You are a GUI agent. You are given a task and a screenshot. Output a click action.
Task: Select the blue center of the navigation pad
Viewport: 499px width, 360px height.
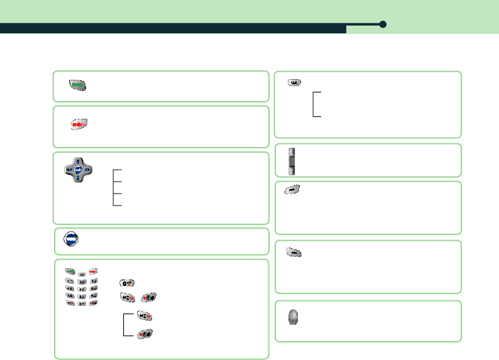78,170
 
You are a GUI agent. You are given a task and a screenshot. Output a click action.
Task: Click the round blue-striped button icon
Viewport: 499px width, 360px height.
72,239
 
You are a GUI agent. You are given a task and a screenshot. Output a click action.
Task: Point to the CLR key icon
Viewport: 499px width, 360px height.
294,82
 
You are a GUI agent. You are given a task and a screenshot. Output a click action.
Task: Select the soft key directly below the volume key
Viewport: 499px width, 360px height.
292,189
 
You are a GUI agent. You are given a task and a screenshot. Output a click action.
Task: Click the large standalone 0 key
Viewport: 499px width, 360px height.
127,284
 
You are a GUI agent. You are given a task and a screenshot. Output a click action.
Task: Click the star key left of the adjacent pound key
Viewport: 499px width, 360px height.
128,297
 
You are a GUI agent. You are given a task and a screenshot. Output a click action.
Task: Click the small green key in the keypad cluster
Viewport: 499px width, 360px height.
70,271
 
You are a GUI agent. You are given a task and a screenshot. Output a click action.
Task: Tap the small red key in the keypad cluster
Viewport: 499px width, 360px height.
94,271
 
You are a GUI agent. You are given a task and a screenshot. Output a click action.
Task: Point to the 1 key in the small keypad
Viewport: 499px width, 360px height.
70,281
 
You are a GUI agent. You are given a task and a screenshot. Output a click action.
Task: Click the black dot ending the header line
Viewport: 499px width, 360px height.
383,25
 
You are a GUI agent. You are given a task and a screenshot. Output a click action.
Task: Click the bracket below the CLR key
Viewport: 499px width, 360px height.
316,104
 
